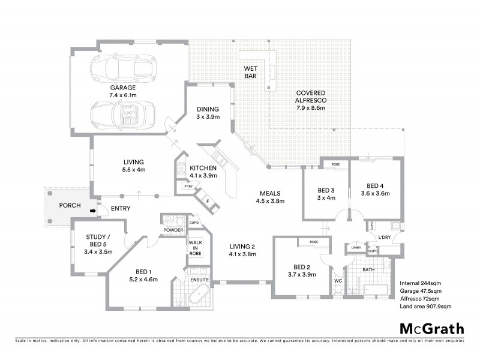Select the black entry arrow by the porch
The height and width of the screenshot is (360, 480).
pyautogui.click(x=92, y=211)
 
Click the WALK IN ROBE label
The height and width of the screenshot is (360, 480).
pyautogui.click(x=196, y=248)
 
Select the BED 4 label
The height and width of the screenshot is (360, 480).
pyautogui.click(x=375, y=190)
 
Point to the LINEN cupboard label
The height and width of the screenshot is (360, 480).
pyautogui.click(x=356, y=247)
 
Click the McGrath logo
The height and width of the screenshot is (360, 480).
pyautogui.click(x=431, y=328)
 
